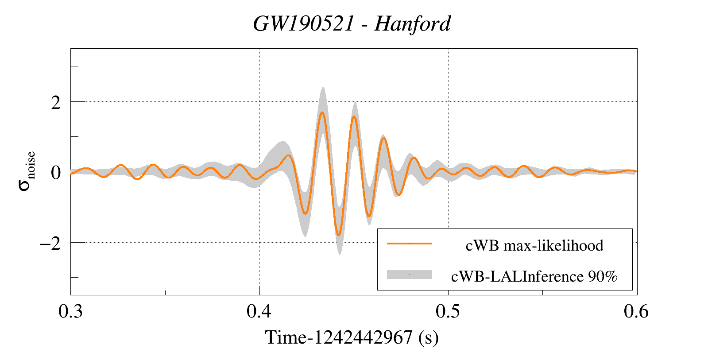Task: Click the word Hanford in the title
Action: pos(412,24)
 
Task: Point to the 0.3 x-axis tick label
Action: pos(71,312)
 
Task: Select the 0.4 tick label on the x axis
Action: pos(259,312)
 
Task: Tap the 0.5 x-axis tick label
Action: pos(448,312)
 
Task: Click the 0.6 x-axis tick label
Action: pos(636,312)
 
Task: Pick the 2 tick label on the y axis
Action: pos(56,103)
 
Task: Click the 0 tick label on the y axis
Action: pos(56,173)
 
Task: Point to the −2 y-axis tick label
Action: pos(50,243)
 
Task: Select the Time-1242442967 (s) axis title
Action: pos(352,337)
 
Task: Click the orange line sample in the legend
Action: pos(409,244)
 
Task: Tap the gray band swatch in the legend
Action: pos(409,275)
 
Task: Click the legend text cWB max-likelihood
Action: pos(534,245)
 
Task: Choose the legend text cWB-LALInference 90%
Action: pos(534,276)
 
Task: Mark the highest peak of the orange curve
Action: pos(322,112)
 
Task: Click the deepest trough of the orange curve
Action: pos(338,235)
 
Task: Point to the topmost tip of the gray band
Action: pos(323,87)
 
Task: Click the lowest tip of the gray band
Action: pos(340,254)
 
